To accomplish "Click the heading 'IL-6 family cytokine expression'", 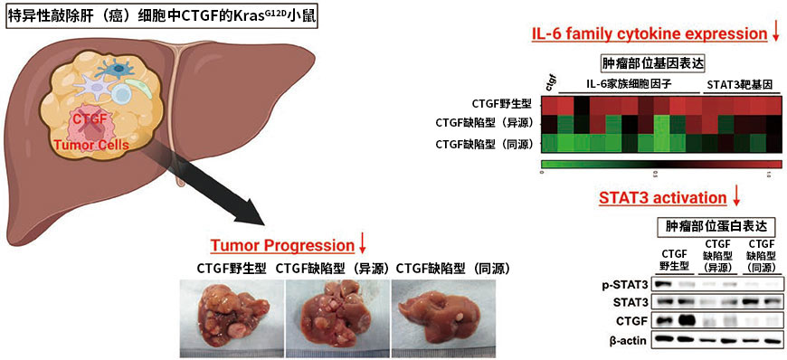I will pos(648,33).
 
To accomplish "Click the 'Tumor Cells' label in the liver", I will pos(96,144).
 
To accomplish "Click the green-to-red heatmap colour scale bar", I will pos(660,165).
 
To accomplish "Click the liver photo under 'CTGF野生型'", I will pos(231,317).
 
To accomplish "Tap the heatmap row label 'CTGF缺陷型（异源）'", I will pos(484,124).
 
